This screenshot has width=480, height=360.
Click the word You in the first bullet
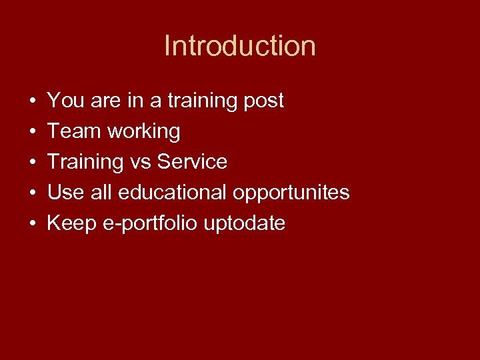[x=63, y=101]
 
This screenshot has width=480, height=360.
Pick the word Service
[x=192, y=162]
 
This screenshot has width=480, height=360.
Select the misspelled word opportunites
[x=291, y=193]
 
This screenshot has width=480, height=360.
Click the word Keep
[x=71, y=223]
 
